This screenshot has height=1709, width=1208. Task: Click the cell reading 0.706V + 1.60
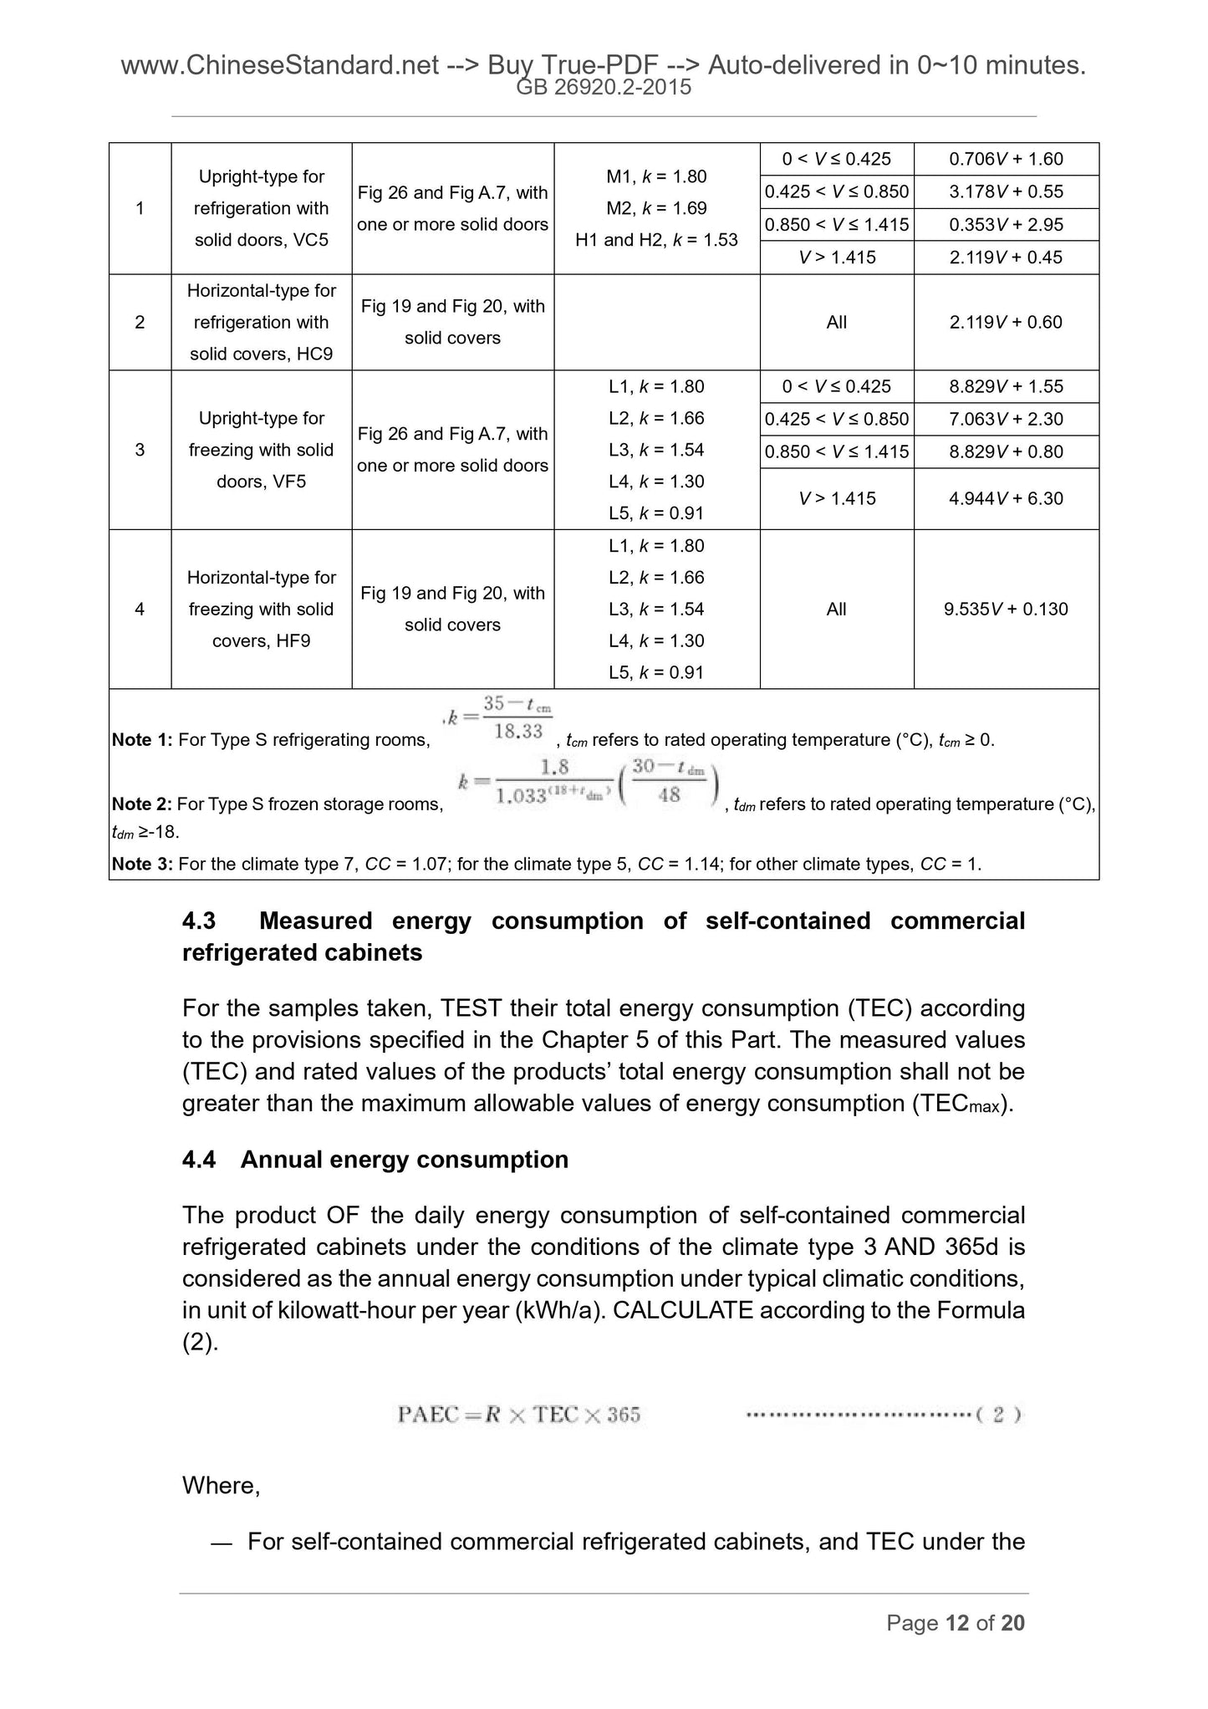point(1006,159)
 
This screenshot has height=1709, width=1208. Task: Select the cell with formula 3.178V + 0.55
point(1006,191)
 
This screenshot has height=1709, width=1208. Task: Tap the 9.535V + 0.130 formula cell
point(1006,609)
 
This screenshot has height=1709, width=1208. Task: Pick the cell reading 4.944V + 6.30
point(1006,498)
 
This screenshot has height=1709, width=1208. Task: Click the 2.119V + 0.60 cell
point(1006,322)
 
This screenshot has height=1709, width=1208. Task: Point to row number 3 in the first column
point(140,450)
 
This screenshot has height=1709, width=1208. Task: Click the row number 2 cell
point(140,322)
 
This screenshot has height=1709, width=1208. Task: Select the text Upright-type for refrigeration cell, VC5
point(261,208)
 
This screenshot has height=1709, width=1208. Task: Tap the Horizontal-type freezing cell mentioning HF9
point(261,609)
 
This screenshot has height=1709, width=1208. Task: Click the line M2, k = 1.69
point(656,208)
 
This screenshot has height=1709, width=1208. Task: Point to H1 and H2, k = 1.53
point(656,240)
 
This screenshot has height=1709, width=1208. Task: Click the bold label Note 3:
point(142,864)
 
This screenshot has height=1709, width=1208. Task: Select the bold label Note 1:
point(142,740)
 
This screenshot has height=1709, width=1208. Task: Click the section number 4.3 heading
point(199,921)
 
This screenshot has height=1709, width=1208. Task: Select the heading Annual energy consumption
point(405,1160)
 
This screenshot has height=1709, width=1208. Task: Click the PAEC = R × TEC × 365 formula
point(518,1415)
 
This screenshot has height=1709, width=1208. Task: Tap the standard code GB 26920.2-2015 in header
point(604,87)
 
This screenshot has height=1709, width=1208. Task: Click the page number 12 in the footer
point(957,1623)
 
